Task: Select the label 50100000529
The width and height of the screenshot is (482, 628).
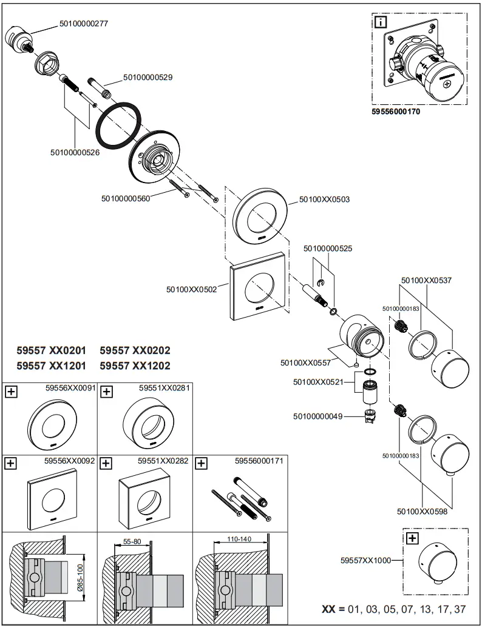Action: (148, 78)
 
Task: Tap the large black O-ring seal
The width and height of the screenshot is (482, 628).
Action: (120, 125)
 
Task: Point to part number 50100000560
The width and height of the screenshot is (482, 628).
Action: (127, 197)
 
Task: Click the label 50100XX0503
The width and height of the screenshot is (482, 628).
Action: (324, 199)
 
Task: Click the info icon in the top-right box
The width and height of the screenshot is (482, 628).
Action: (381, 24)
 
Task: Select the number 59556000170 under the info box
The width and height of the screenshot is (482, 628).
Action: (396, 112)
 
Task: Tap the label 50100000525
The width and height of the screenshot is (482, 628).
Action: (328, 249)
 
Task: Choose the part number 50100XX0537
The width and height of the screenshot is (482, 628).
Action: (426, 281)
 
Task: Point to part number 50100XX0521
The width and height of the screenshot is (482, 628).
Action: (318, 382)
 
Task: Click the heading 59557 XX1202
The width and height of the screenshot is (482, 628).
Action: (135, 366)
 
